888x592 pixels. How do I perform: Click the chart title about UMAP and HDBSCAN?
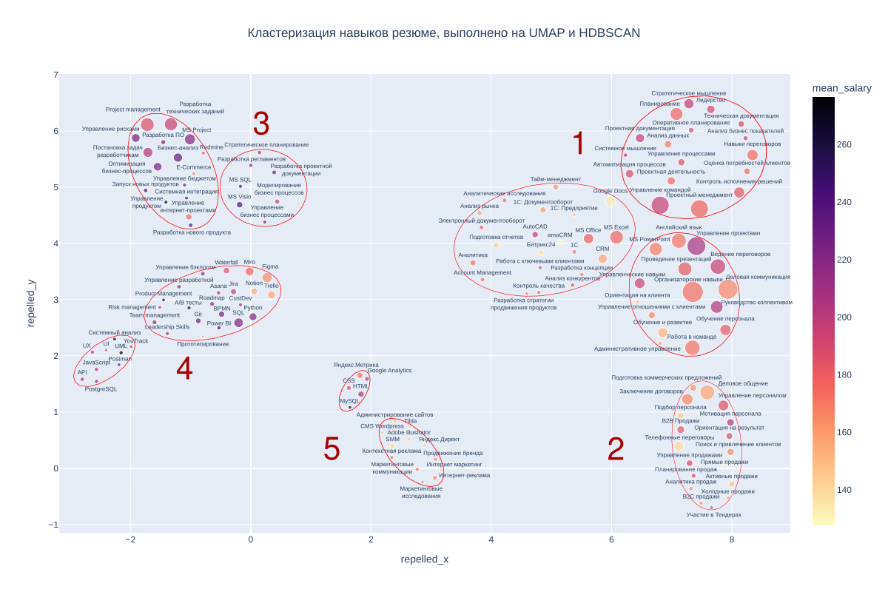click(x=443, y=33)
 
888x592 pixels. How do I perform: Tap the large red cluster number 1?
click(x=579, y=144)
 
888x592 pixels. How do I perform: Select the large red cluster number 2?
click(x=616, y=449)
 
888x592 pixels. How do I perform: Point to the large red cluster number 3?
click(x=261, y=124)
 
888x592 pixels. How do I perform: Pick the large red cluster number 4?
click(x=184, y=369)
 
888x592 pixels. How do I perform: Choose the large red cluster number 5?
click(x=332, y=449)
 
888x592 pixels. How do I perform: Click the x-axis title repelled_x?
click(x=424, y=559)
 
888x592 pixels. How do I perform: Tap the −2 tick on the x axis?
click(x=130, y=539)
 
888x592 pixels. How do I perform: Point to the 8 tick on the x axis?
click(x=731, y=539)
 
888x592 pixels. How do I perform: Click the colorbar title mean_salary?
click(x=841, y=88)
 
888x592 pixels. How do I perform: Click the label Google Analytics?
click(x=389, y=371)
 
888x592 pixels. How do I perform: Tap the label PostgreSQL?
click(x=101, y=389)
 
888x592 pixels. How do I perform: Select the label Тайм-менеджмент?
click(x=556, y=179)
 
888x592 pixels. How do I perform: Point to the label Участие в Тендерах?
click(x=713, y=514)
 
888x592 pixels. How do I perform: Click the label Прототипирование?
click(x=203, y=344)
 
